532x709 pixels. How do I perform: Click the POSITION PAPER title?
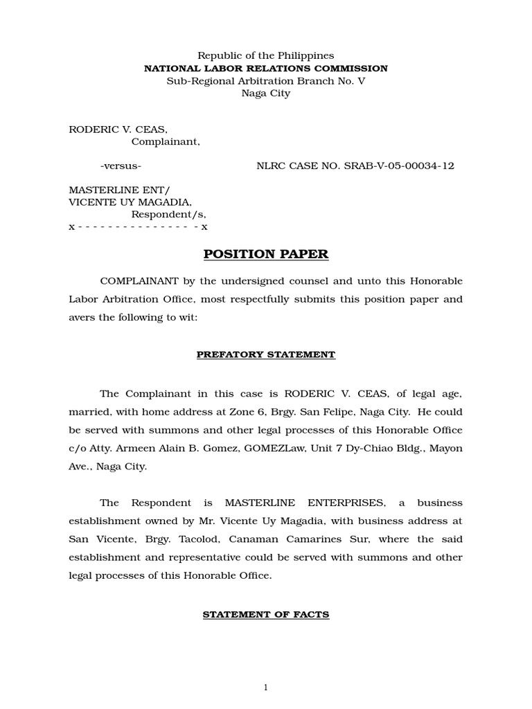click(266, 254)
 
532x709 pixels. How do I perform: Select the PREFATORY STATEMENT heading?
click(266, 354)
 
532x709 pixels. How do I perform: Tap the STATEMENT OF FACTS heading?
click(266, 614)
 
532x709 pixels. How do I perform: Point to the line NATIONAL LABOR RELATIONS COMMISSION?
click(266, 69)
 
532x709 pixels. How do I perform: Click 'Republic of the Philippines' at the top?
click(266, 55)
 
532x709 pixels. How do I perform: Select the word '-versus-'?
click(121, 166)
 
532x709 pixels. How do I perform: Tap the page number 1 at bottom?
click(266, 688)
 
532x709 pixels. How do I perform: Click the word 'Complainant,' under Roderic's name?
click(166, 142)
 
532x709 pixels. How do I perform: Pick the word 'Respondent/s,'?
click(169, 215)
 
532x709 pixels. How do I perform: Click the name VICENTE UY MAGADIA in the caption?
click(130, 202)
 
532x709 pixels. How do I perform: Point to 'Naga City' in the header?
click(266, 93)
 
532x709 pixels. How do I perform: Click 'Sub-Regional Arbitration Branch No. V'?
click(266, 81)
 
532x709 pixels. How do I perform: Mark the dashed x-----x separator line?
click(138, 226)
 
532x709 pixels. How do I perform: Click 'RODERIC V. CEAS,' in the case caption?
click(118, 129)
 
